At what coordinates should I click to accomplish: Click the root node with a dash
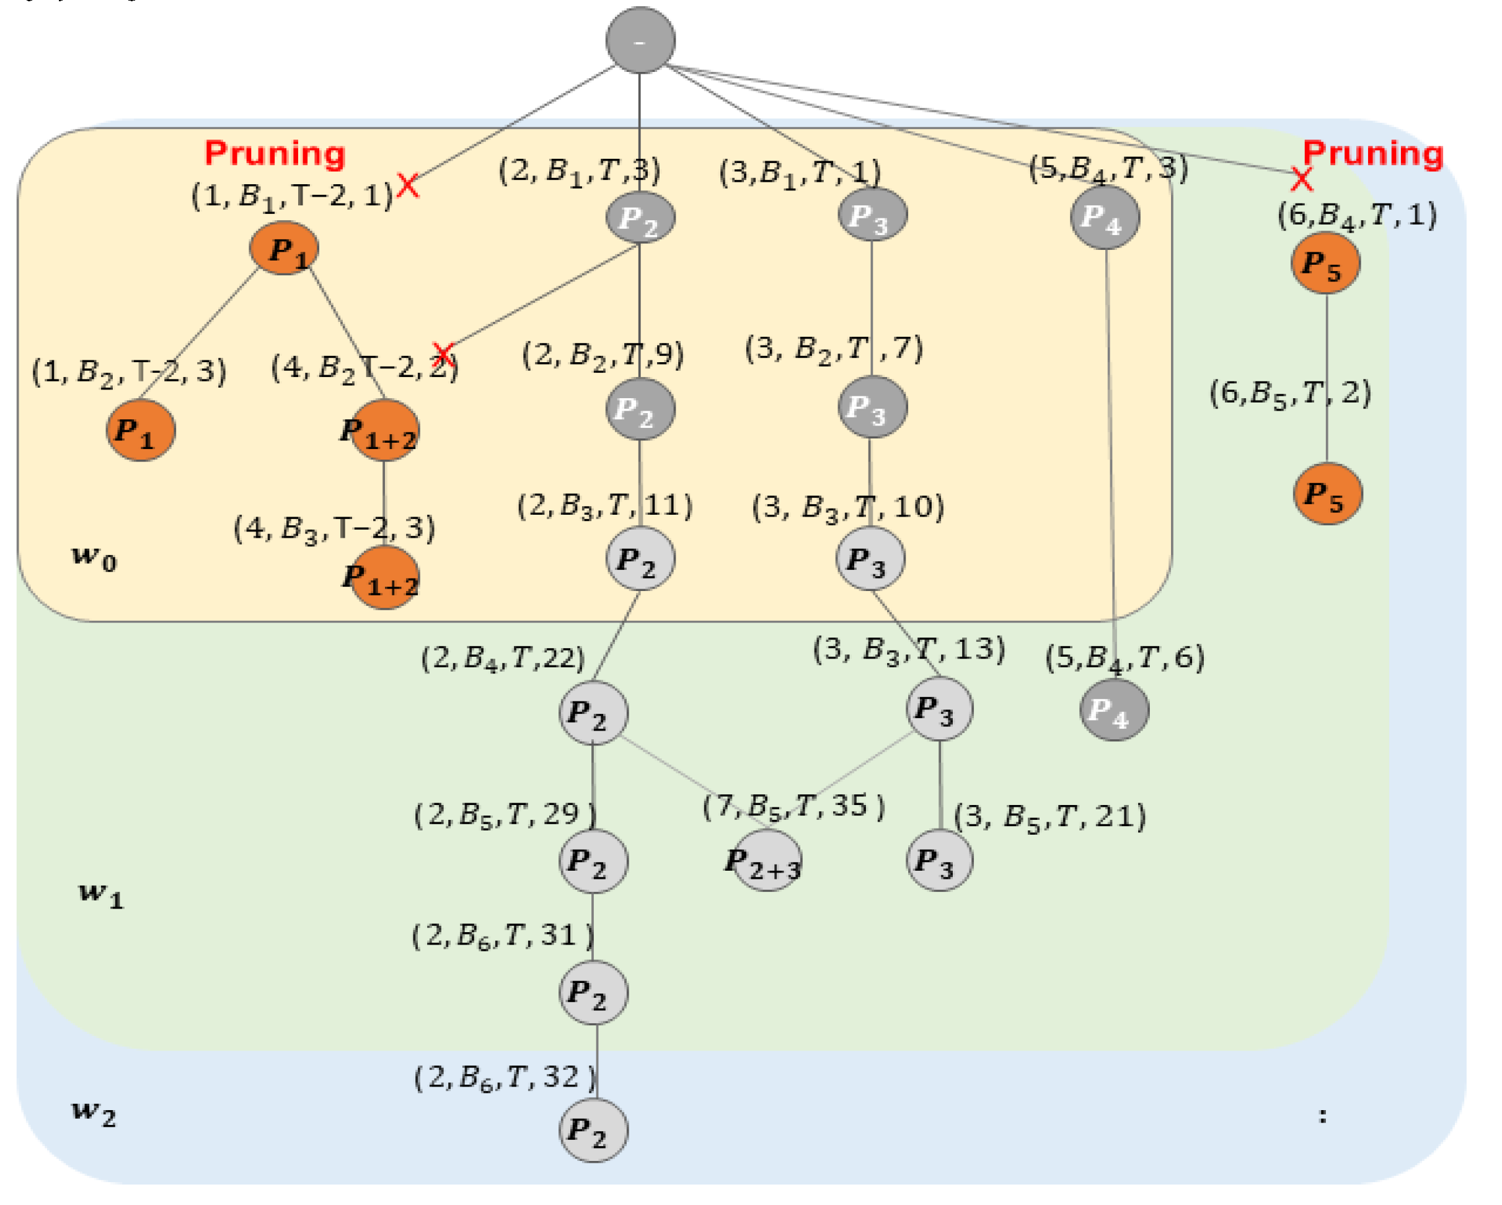(640, 40)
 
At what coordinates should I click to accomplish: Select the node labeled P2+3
(765, 862)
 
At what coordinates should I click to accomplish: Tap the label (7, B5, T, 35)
(793, 807)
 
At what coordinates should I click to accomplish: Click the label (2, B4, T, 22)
(502, 658)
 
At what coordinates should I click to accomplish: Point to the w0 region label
(95, 558)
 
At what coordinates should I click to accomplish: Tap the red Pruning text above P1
(275, 153)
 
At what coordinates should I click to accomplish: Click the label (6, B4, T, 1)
(1356, 215)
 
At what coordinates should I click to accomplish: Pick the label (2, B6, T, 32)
(505, 1077)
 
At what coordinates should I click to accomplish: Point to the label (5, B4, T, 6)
(1124, 657)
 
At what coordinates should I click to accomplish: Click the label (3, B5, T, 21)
(1049, 816)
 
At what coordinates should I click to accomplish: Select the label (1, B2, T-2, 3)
(130, 371)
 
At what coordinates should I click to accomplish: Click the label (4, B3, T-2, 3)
(334, 528)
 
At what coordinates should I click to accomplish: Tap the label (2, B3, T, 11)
(604, 505)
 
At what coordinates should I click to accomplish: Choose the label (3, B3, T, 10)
(848, 507)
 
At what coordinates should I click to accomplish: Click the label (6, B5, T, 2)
(1290, 393)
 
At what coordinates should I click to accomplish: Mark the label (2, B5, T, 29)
(505, 814)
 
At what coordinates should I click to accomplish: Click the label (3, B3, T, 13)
(909, 649)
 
